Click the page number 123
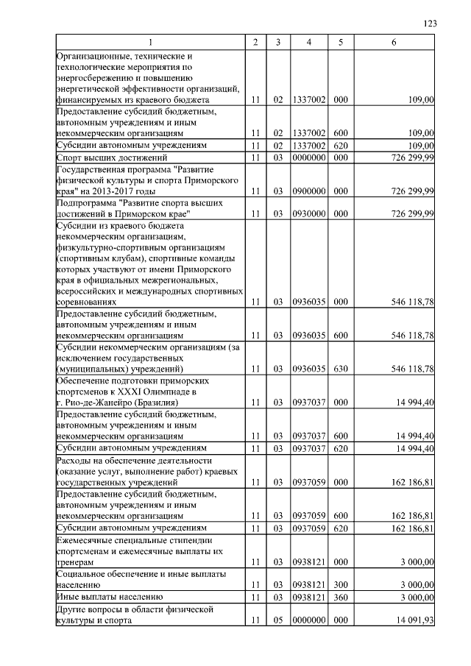click(431, 24)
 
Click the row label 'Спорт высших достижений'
click(113, 157)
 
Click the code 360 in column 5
click(340, 596)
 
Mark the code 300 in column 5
click(340, 584)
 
